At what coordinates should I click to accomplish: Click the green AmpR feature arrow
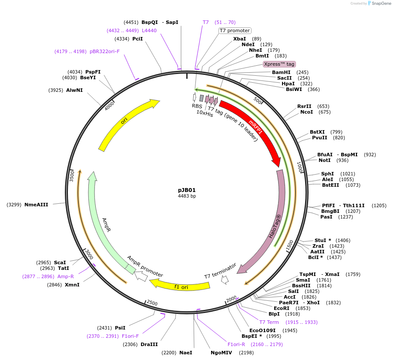(x=104, y=226)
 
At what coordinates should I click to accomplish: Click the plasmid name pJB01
(x=187, y=190)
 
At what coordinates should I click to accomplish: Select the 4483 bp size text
(x=187, y=196)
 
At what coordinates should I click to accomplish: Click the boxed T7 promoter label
(x=235, y=30)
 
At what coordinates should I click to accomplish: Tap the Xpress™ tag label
(x=279, y=64)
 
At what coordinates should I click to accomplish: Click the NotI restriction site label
(x=325, y=160)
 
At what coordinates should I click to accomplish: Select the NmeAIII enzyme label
(x=36, y=204)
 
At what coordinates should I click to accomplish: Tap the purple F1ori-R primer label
(x=236, y=344)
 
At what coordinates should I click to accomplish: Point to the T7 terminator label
(x=220, y=271)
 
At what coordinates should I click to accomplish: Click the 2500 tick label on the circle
(x=152, y=303)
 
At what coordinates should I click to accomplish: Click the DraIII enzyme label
(x=149, y=344)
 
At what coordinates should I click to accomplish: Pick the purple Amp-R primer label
(x=66, y=276)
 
